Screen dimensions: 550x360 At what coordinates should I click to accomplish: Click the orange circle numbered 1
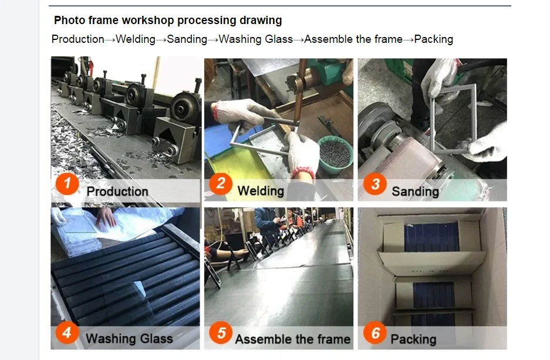coord(68,183)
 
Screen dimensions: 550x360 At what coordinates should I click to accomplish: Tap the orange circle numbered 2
coord(221,183)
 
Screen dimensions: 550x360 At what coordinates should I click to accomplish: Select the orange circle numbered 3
coord(375,183)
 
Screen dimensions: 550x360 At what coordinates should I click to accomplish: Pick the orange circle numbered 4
coord(67,332)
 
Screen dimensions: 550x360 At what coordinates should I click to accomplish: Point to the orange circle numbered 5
coord(221,332)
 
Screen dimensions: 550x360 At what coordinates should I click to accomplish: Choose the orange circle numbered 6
coord(375,332)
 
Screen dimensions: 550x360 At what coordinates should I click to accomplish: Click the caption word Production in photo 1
coord(117,191)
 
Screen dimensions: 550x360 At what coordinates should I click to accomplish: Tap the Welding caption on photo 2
coord(261,191)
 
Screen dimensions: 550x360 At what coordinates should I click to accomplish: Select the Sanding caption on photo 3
coord(416,191)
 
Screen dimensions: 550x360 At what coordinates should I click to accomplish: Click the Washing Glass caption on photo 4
coord(130,339)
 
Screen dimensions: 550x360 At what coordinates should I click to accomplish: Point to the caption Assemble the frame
coord(293,339)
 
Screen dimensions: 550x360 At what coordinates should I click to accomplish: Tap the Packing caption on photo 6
coord(414,339)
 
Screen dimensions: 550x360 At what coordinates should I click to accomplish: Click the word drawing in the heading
coord(261,21)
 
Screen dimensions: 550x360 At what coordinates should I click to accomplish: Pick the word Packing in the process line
coord(434,39)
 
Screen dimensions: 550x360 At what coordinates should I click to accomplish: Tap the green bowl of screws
coord(335,154)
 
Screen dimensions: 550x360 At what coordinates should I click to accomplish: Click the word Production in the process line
coord(78,39)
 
